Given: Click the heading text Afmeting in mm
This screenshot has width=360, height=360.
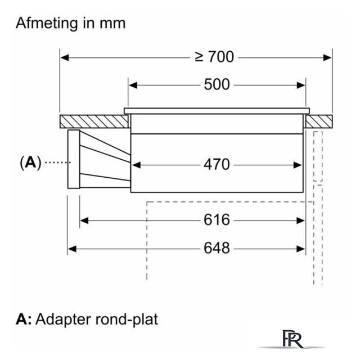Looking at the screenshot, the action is point(70,24).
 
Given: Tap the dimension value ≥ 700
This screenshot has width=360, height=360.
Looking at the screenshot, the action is point(214,57).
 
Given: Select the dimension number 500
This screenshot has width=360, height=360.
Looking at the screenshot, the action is point(217,84).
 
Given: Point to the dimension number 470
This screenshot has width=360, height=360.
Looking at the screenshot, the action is point(217,164).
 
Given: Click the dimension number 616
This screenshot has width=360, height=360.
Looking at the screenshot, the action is point(217,220).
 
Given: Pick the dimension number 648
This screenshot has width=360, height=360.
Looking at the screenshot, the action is point(217,248).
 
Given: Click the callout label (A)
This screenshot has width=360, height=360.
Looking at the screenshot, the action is point(30,163).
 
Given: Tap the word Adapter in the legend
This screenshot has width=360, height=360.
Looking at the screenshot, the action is point(63,319).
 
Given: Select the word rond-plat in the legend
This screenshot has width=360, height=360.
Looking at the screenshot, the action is point(127,319).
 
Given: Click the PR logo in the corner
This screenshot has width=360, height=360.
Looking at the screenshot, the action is point(292,339).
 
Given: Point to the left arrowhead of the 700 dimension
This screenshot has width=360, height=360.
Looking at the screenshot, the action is point(65,58).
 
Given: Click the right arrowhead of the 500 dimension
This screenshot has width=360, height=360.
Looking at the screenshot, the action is point(301,85).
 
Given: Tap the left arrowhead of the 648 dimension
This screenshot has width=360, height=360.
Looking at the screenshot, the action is point(73,249).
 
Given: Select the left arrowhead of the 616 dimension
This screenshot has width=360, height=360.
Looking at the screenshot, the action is point(84,220).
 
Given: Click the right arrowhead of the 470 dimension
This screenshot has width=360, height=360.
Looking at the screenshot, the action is point(298,165).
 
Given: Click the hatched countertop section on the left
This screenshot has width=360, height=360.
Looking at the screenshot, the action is point(94,121).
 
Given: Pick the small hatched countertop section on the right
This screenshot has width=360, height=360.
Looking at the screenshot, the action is point(319,121).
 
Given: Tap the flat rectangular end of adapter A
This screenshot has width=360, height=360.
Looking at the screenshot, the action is point(74,159).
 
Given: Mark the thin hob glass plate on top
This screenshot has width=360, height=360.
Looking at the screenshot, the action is point(217,111).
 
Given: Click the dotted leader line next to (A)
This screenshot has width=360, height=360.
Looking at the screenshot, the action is point(58,163).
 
